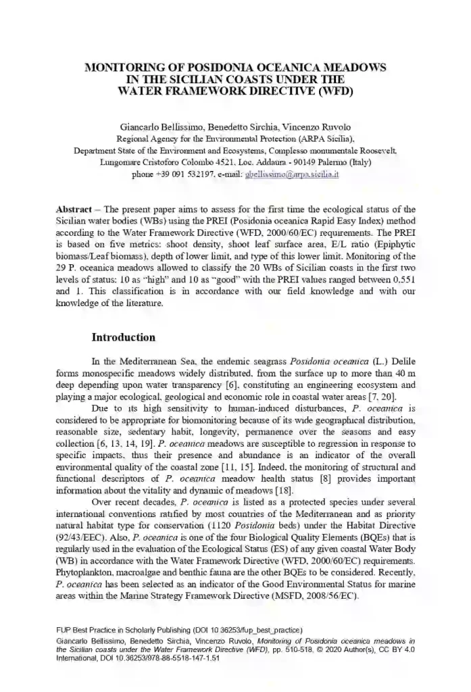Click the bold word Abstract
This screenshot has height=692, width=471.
point(74,209)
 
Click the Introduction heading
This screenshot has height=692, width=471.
point(124,337)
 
